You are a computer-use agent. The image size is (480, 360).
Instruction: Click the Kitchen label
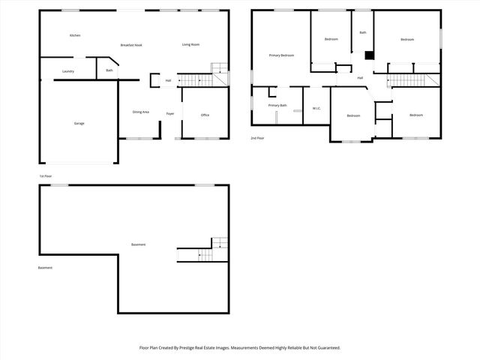[x=75, y=36]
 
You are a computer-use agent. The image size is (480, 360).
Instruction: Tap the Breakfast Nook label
[x=132, y=45]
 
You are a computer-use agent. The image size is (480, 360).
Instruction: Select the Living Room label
[x=190, y=45]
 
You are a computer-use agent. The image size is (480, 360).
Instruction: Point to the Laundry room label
[x=68, y=71]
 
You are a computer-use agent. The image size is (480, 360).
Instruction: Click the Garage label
[x=79, y=123]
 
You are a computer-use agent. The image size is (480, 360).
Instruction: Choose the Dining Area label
[x=141, y=112]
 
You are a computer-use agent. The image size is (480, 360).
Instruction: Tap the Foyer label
[x=170, y=114]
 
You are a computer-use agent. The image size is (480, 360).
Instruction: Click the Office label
[x=205, y=115]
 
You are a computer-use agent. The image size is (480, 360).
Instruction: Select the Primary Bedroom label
[x=281, y=55]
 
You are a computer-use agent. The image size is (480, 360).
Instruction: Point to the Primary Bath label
[x=277, y=106]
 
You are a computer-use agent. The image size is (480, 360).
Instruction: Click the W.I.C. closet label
[x=316, y=109]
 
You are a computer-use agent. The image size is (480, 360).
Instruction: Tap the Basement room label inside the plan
[x=139, y=245]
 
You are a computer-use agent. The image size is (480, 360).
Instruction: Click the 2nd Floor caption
[x=257, y=138]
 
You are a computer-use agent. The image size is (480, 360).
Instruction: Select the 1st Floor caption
[x=46, y=177]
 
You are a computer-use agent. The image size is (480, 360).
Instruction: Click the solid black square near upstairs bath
[x=369, y=55]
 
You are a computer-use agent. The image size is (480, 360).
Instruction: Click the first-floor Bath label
[x=109, y=71]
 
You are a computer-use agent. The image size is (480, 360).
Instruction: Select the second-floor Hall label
[x=360, y=78]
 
